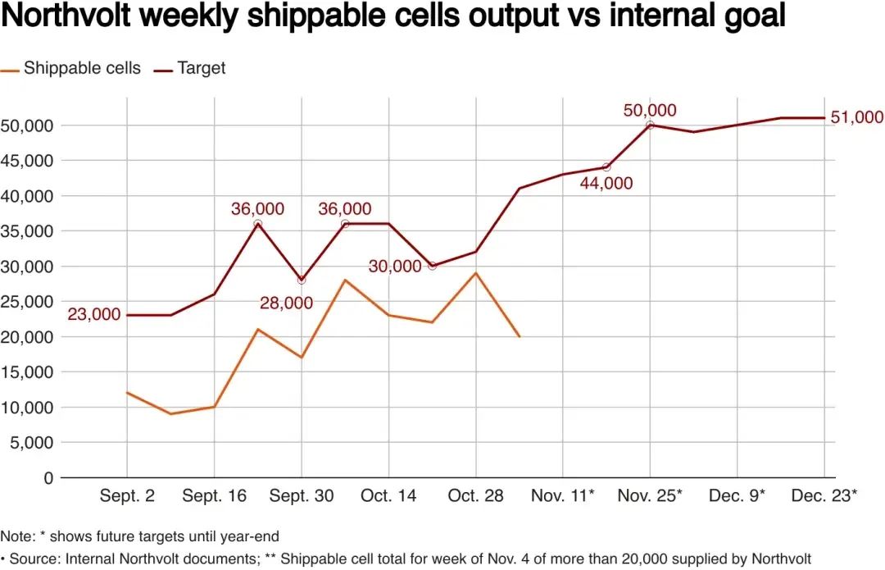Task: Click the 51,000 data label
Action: [x=857, y=117]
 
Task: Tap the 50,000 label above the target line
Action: [x=650, y=111]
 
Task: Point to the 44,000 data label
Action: [x=606, y=183]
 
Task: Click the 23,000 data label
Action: [x=93, y=314]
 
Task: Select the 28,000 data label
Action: [x=286, y=303]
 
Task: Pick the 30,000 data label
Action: [x=395, y=267]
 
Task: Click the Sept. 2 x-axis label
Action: [x=127, y=496]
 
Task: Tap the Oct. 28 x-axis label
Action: [x=476, y=496]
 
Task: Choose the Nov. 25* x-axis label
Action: [x=650, y=496]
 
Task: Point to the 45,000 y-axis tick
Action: [x=29, y=161]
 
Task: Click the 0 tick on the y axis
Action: [x=48, y=477]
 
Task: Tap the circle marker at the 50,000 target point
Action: [x=650, y=125]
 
